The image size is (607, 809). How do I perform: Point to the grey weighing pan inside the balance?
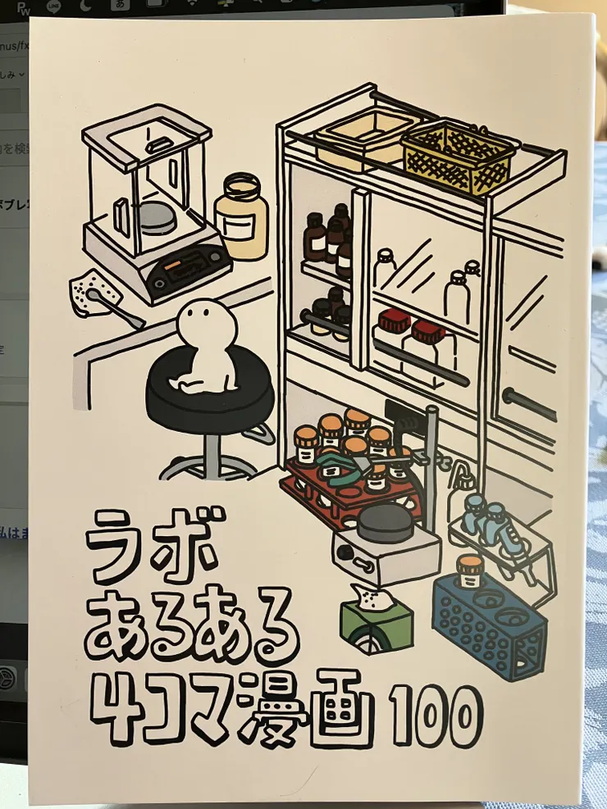(155, 216)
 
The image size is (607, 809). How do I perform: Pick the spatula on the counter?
(115, 306)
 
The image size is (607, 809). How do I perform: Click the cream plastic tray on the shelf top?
(361, 139)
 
